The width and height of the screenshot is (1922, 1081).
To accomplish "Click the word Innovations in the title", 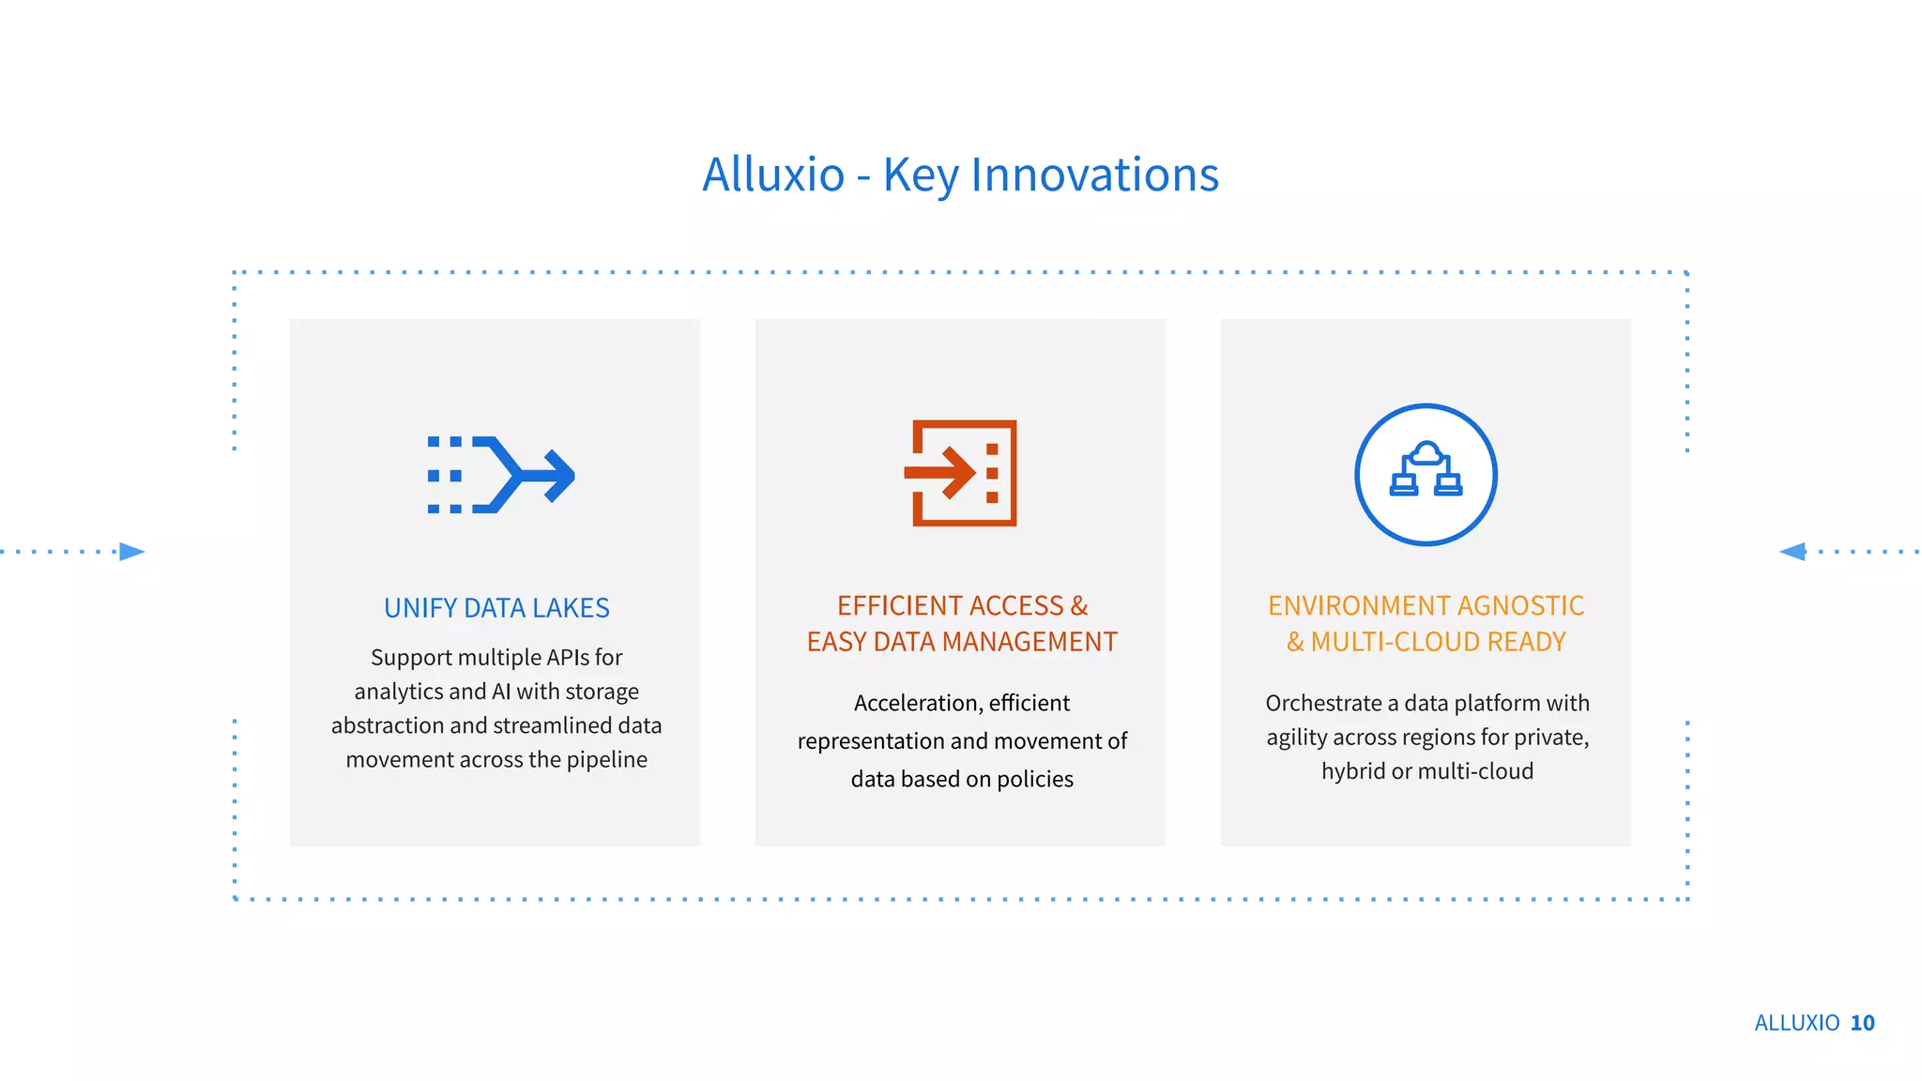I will pos(1094,175).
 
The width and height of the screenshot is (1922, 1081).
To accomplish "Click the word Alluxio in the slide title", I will pos(773,175).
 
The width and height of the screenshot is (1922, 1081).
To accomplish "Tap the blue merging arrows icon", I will pos(500,475).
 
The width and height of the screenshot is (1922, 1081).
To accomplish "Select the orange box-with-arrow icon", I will pos(962,473).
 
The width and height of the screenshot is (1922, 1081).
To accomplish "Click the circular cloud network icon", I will pos(1426,475).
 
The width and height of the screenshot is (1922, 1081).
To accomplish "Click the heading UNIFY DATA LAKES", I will pos(496,608).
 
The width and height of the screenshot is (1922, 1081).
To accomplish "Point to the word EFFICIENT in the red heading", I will pos(899,606).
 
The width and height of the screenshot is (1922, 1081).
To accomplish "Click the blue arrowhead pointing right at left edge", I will pos(132,552).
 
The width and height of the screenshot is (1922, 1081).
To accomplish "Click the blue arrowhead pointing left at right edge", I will pos(1792,552).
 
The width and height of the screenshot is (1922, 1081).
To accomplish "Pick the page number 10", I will pos(1862,1023).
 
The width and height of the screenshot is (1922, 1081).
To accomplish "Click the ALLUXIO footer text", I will pos(1796,1023).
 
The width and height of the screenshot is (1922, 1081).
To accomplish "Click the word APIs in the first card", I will pos(569,658).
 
